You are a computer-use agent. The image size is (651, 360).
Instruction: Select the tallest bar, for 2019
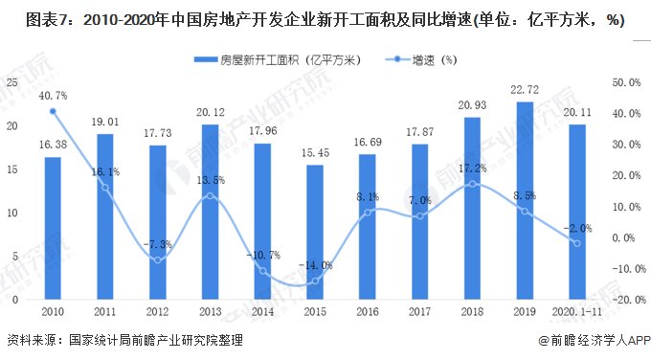pos(525,201)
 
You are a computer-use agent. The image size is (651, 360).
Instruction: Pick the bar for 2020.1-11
pos(576,212)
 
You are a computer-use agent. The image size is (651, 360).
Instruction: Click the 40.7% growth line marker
pos(53,111)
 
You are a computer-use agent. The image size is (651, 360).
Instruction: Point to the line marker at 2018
pos(472,184)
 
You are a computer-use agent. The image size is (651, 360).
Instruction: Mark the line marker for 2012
pos(157,260)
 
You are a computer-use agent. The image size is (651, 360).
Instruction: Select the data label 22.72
pos(525,91)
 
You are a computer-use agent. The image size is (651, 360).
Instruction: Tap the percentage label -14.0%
pos(316,265)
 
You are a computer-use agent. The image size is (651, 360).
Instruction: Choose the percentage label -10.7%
pos(262,255)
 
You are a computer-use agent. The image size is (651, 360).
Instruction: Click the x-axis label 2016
pos(368,312)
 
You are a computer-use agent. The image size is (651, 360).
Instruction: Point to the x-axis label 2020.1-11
pos(576,312)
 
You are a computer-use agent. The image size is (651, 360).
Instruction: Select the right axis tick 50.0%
pos(625,82)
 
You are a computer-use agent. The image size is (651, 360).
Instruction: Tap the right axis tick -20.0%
pos(623,300)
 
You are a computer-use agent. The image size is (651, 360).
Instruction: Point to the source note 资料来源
pos(31,340)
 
